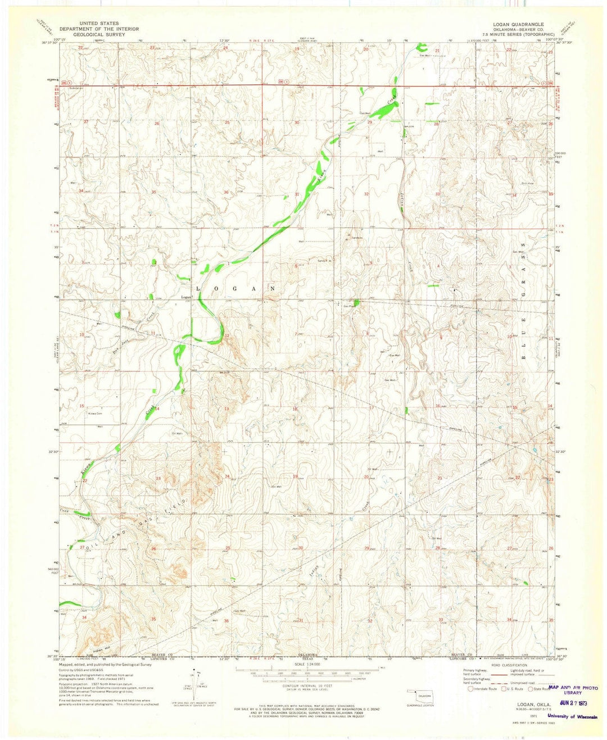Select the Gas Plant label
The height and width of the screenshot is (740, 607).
(350, 306)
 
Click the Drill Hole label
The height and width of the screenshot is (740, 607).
(527, 183)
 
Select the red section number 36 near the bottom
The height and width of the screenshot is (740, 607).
(227, 620)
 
